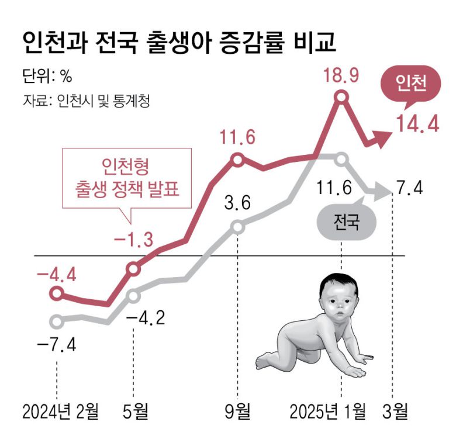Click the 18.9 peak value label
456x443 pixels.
[342, 76]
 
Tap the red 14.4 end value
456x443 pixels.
[417, 124]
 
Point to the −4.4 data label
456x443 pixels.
[56, 273]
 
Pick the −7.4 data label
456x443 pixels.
[56, 344]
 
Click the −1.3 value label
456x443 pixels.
[133, 240]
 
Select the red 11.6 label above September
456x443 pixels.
[238, 138]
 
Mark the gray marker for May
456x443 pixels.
[133, 295]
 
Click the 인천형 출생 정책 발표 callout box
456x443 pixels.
[127, 178]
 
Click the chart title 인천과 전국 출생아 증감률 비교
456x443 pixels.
[178, 42]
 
